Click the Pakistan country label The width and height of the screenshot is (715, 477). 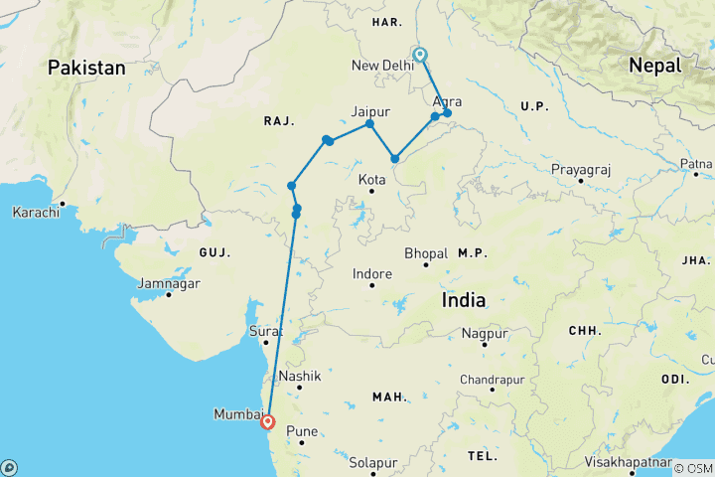coord(86,69)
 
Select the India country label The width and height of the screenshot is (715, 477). coord(463,299)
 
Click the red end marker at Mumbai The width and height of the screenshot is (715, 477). coord(267,422)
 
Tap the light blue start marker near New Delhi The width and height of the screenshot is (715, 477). coord(420,56)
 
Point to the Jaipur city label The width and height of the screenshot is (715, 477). coord(369,111)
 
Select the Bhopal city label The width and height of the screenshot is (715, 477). coord(427,253)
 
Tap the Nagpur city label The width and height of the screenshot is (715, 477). coord(485,334)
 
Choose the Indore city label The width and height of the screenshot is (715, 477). coord(372,274)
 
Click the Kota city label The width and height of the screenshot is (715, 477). coord(371,180)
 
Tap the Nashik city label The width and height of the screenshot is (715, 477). coord(301,377)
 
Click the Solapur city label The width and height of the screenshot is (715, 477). coord(372,462)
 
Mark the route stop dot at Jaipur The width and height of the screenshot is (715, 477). coord(369,124)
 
